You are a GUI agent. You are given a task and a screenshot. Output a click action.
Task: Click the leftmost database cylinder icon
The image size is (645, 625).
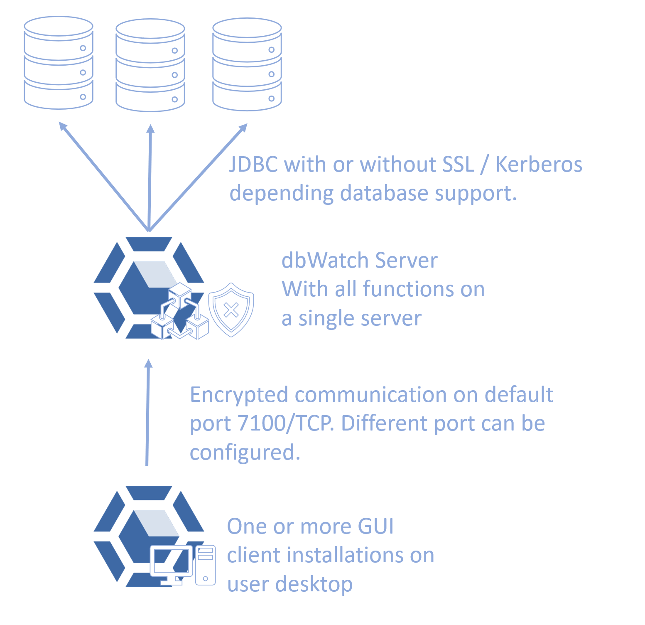(x=59, y=63)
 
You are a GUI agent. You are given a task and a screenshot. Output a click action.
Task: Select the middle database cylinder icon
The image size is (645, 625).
(x=150, y=65)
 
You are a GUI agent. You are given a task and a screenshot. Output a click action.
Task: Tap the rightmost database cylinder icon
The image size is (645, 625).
(x=247, y=64)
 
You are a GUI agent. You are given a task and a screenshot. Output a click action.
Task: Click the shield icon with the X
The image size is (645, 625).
(x=231, y=310)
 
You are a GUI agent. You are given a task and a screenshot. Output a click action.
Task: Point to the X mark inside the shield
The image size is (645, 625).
(x=231, y=310)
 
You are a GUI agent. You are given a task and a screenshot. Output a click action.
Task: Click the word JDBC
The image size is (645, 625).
(x=254, y=164)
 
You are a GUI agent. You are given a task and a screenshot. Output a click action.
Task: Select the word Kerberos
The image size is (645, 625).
(x=539, y=164)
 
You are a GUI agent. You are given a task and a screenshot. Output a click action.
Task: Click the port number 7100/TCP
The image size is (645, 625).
(x=285, y=423)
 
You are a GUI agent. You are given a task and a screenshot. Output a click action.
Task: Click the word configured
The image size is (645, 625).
(x=245, y=453)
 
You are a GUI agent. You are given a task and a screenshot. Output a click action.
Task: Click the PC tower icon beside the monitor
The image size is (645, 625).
(x=206, y=565)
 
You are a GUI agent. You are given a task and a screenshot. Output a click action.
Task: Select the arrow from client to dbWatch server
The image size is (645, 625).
(x=148, y=412)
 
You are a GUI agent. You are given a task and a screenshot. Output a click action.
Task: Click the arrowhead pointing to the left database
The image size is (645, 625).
(x=63, y=126)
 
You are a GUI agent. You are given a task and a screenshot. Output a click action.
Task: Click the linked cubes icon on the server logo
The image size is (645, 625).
(x=180, y=311)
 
